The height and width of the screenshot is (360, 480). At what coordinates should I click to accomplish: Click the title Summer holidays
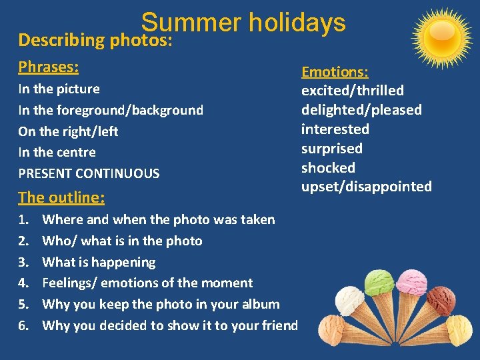tap(243, 23)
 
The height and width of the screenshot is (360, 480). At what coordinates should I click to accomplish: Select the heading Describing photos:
tap(95, 40)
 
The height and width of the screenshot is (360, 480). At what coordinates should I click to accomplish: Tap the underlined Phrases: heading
tap(49, 67)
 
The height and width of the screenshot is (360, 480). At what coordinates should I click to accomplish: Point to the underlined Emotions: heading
tap(335, 72)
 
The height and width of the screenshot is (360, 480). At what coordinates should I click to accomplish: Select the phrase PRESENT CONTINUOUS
tap(89, 174)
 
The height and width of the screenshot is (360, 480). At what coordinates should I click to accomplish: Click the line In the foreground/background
tap(111, 111)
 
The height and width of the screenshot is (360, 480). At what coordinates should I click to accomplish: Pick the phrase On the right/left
tap(68, 132)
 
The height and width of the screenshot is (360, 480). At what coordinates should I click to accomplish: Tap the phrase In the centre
tap(57, 153)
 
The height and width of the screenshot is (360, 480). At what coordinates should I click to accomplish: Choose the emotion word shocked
tap(328, 168)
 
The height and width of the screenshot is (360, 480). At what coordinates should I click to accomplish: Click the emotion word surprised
tap(332, 149)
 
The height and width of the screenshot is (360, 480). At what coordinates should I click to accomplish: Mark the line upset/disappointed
tap(367, 187)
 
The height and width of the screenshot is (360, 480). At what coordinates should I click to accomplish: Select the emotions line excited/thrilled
tap(353, 91)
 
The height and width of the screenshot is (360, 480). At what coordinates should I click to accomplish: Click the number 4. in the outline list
tap(24, 283)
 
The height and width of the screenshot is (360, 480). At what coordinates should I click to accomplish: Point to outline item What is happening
tap(99, 262)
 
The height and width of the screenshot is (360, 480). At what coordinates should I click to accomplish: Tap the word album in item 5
tap(261, 305)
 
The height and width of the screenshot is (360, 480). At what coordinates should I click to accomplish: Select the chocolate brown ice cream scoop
tap(441, 299)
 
